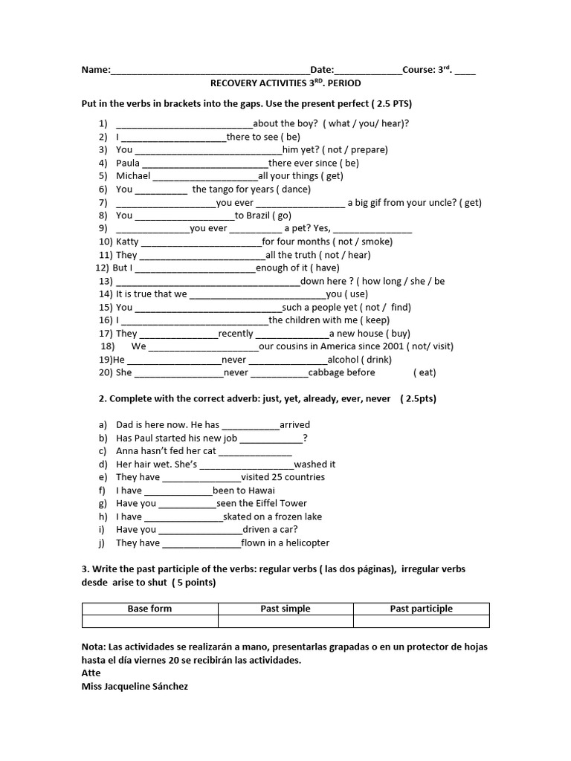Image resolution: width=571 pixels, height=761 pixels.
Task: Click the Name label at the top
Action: tap(95, 71)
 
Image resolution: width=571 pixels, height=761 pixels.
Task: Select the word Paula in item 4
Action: tap(128, 163)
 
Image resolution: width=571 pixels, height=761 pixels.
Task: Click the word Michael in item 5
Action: tap(133, 176)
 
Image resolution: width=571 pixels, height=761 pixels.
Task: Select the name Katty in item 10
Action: tap(128, 242)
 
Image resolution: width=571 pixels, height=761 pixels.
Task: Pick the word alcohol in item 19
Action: tap(345, 360)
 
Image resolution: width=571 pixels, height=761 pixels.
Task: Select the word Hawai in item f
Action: tap(261, 490)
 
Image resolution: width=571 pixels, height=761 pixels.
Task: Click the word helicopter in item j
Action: tap(303, 543)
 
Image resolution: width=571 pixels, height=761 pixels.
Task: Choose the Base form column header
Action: tap(149, 609)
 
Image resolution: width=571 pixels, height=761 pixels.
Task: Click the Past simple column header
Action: tap(285, 609)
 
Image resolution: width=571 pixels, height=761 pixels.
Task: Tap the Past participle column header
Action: tap(421, 609)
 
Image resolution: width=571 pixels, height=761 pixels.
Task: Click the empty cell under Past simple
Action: tap(285, 621)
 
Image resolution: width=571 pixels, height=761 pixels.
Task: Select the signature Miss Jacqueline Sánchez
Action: tap(135, 687)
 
